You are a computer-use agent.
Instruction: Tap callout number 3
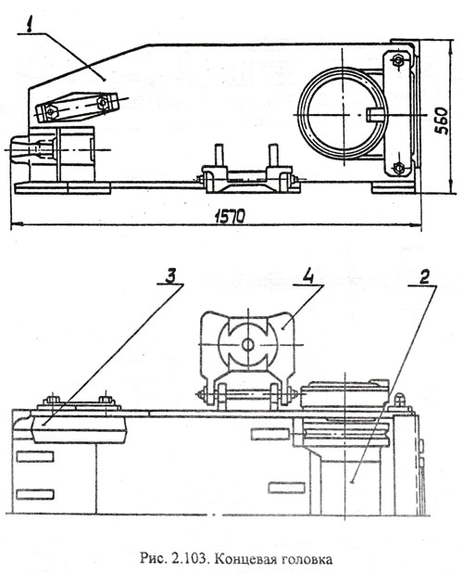pyautogui.click(x=170, y=276)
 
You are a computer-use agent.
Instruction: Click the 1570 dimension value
pyautogui.click(x=230, y=217)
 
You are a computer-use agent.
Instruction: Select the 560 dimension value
pyautogui.click(x=442, y=121)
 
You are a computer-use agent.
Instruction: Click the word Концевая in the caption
pyautogui.click(x=241, y=559)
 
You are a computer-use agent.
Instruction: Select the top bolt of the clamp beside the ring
pyautogui.click(x=397, y=59)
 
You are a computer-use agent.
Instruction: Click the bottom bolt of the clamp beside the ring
pyautogui.click(x=398, y=168)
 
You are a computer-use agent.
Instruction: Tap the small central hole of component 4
pyautogui.click(x=248, y=344)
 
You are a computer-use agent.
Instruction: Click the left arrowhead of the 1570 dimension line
pyautogui.click(x=16, y=223)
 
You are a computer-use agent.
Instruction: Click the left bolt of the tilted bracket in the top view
pyautogui.click(x=52, y=112)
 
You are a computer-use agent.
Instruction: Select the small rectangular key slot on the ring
pyautogui.click(x=374, y=114)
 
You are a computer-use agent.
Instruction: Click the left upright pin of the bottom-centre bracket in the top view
pyautogui.click(x=219, y=155)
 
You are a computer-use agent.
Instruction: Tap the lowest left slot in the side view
pyautogui.click(x=35, y=494)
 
